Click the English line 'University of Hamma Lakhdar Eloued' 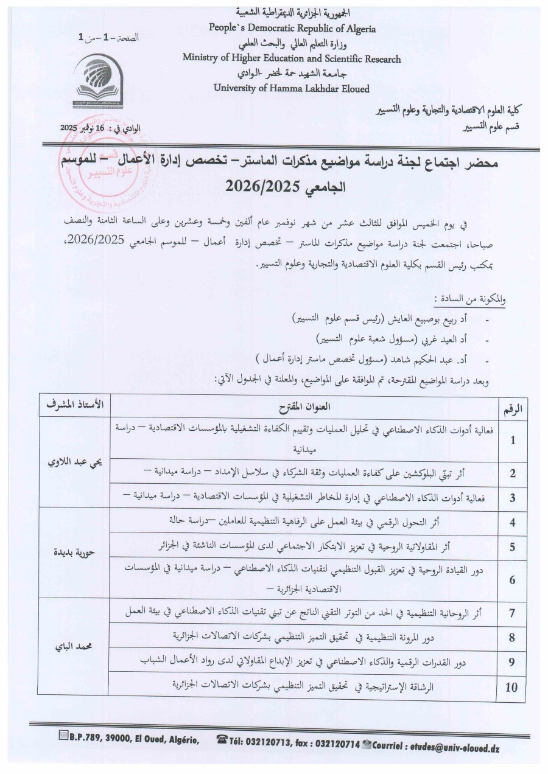tap(292, 88)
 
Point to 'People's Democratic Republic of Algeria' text tap(292, 28)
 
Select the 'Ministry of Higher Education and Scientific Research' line tap(292, 58)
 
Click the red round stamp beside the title tap(91, 177)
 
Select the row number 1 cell tap(513, 440)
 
